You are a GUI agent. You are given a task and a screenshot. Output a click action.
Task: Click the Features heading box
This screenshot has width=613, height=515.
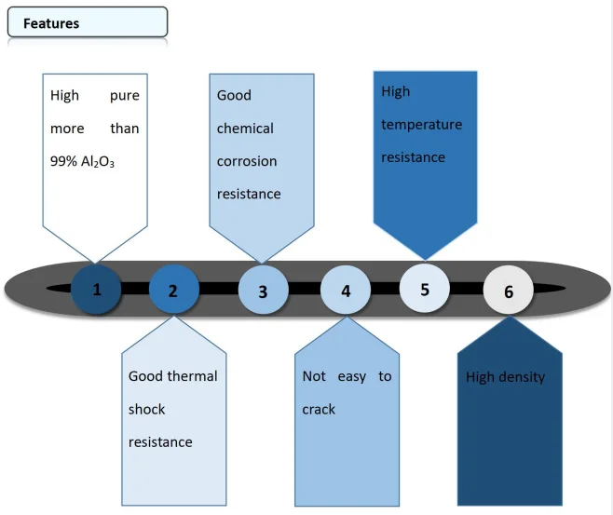(x=87, y=22)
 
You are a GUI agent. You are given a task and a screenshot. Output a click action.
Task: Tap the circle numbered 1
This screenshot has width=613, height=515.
(x=97, y=289)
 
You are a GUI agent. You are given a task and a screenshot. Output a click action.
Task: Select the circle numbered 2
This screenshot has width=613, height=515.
(x=173, y=290)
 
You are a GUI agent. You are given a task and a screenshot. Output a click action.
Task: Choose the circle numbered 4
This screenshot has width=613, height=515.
(x=346, y=291)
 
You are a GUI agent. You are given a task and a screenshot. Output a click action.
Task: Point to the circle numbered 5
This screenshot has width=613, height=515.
(x=425, y=289)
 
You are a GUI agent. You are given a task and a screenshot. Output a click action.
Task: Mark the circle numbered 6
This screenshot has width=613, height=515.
(x=508, y=291)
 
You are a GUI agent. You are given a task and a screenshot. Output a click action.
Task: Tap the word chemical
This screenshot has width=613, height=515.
(x=245, y=129)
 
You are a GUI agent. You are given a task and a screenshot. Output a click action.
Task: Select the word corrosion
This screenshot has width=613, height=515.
(x=247, y=161)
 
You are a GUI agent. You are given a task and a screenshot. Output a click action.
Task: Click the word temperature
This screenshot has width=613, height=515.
(x=421, y=125)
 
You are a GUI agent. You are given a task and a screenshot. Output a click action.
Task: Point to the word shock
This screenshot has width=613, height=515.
(x=146, y=409)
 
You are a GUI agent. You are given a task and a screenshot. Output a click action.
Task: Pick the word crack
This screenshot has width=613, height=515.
(x=319, y=409)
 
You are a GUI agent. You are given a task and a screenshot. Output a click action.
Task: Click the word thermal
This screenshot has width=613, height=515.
(x=194, y=376)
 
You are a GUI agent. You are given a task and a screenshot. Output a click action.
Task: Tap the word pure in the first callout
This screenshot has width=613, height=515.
(x=124, y=95)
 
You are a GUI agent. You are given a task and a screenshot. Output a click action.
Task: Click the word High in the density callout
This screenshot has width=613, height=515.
(x=482, y=377)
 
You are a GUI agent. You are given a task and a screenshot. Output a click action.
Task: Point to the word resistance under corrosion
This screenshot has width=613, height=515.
(x=248, y=194)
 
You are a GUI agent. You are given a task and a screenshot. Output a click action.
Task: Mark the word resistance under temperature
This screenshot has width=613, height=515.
(x=413, y=157)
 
